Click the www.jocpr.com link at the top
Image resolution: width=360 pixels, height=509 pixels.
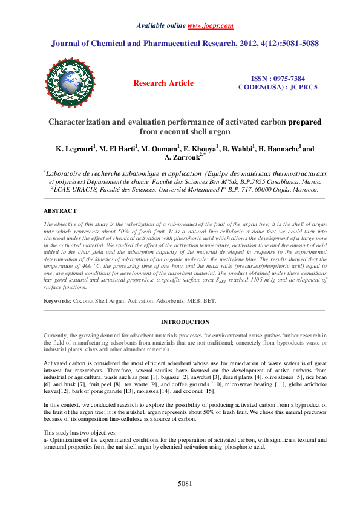[211, 26]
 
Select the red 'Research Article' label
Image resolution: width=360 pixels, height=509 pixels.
[163, 83]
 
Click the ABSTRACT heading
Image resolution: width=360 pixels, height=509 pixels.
[60, 211]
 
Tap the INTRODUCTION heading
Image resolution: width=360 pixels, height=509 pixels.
[185, 322]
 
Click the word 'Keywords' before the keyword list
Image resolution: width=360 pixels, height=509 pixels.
[57, 300]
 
